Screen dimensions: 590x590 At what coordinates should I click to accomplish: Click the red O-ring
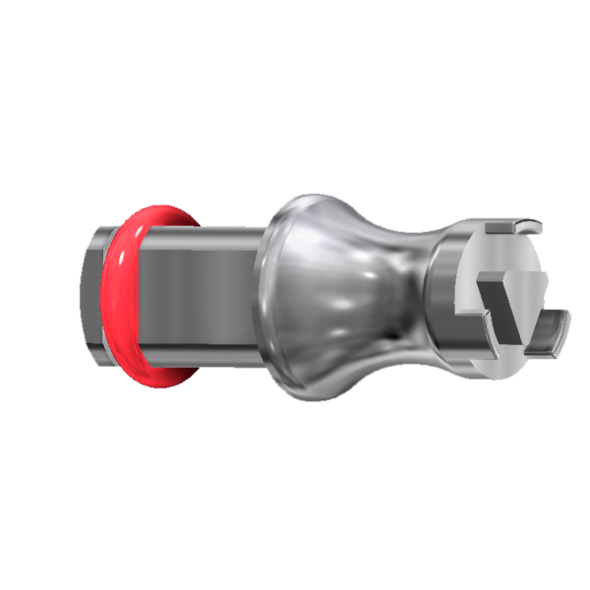tap(120, 295)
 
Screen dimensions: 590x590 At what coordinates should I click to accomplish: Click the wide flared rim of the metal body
tap(280, 295)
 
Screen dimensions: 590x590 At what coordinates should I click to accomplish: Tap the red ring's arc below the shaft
tap(147, 374)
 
